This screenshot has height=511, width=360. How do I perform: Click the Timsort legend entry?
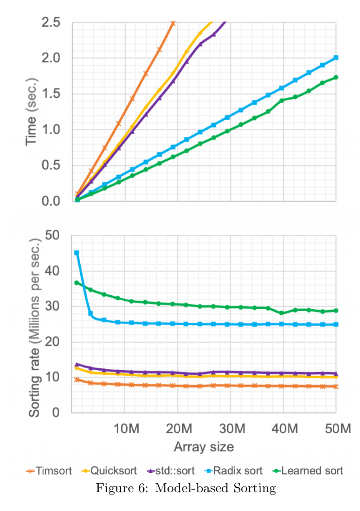tap(49, 471)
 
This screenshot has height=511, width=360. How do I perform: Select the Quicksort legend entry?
tap(109, 471)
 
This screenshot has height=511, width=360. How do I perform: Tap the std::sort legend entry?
tap(171, 471)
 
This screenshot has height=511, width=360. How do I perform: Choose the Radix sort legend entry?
tap(234, 471)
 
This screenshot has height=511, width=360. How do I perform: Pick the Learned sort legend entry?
tap(307, 471)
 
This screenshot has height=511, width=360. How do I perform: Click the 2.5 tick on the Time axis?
tap(51, 23)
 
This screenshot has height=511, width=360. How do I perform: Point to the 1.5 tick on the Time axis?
tap(51, 94)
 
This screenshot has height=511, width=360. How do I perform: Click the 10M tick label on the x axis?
tap(126, 428)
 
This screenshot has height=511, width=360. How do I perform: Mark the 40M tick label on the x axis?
tap(285, 428)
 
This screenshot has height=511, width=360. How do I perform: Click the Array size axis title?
tap(204, 447)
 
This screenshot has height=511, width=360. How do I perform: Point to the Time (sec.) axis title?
tap(32, 112)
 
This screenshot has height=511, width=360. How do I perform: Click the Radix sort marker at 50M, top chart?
tap(336, 58)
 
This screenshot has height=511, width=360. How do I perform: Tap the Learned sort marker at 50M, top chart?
tap(336, 77)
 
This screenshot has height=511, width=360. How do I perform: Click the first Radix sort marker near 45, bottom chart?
tap(76, 253)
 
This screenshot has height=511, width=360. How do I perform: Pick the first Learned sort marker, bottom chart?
tap(76, 283)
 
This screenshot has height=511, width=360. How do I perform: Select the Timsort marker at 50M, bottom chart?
tap(336, 386)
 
